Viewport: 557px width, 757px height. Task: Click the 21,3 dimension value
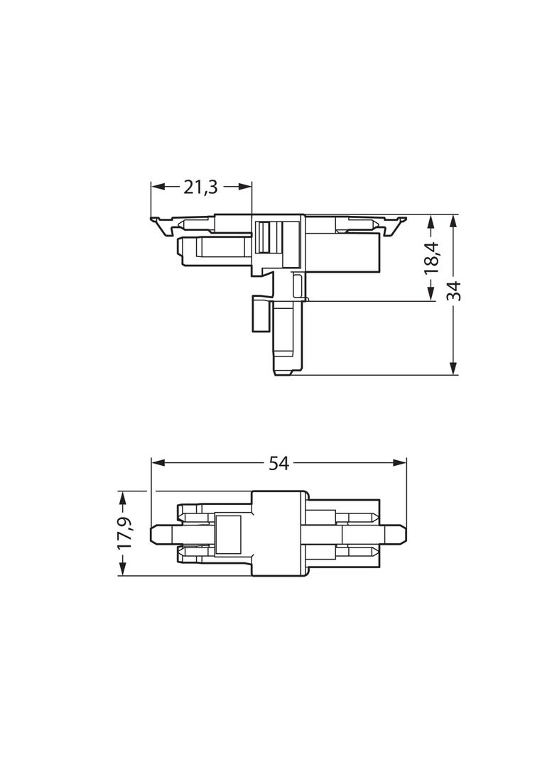point(200,187)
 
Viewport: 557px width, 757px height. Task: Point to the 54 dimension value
point(278,464)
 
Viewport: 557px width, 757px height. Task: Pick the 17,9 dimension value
point(124,533)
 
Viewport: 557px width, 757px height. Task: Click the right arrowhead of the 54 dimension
point(399,463)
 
